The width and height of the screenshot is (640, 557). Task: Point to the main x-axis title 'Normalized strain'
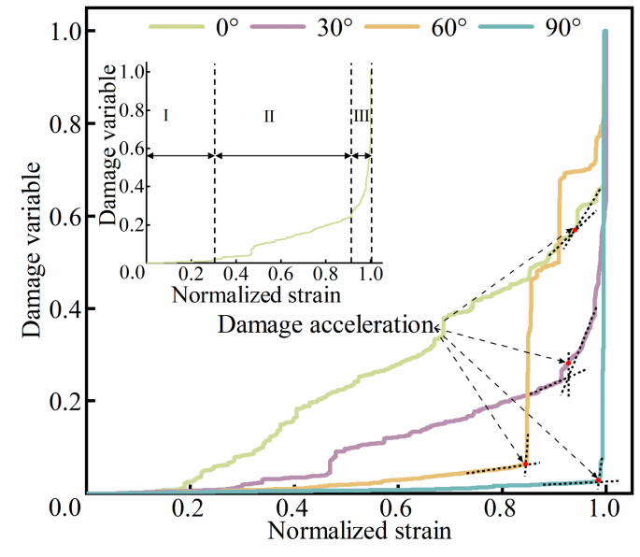pos(360,533)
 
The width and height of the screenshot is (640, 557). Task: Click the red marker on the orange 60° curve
pos(525,464)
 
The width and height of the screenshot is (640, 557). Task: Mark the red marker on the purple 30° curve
pos(567,363)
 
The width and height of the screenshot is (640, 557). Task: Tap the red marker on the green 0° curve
pos(576,229)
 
